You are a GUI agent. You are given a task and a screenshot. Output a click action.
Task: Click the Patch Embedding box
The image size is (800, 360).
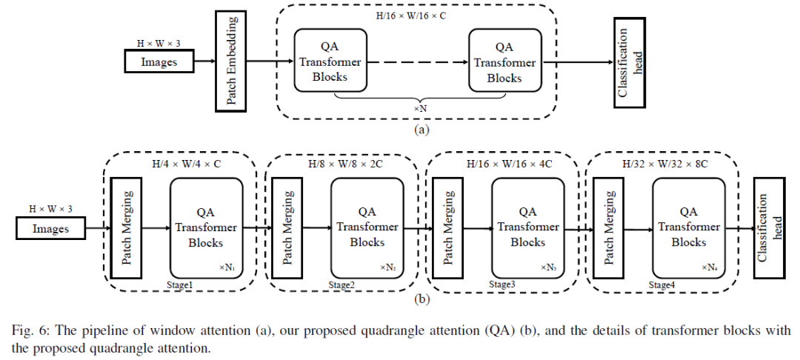click(x=231, y=62)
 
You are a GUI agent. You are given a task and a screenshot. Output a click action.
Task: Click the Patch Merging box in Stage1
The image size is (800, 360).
click(x=125, y=227)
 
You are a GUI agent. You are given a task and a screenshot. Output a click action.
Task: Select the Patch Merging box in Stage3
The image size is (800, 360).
click(x=447, y=227)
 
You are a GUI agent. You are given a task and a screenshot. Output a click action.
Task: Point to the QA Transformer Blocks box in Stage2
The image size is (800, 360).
click(x=367, y=227)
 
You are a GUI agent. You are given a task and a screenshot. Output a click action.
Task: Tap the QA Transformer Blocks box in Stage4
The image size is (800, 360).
click(x=688, y=227)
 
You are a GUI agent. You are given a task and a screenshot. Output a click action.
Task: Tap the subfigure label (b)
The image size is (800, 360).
click(x=421, y=299)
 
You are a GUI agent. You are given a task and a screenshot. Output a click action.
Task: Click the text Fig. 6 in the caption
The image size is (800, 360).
click(x=33, y=330)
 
